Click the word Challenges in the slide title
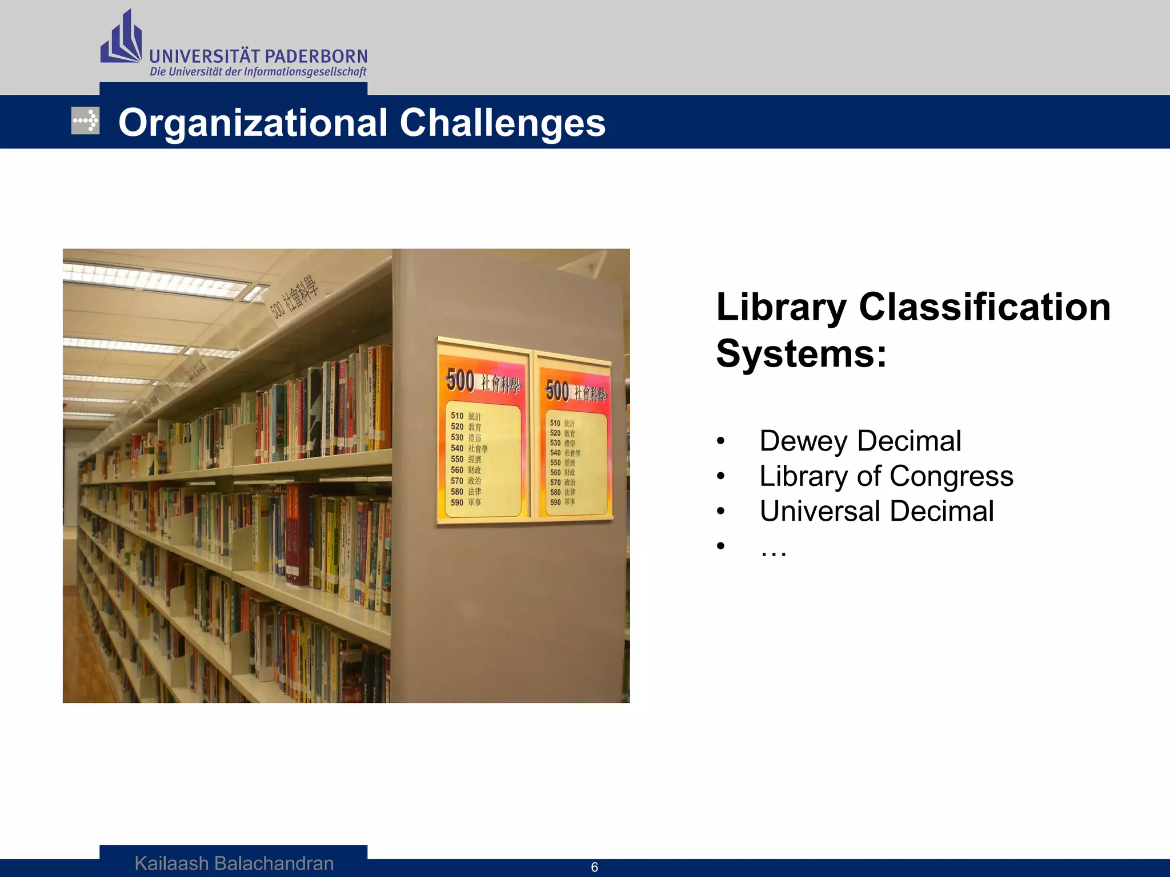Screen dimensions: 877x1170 pos(502,123)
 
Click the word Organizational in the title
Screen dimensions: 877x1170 pos(253,123)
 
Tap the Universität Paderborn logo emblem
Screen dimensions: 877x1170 pos(121,38)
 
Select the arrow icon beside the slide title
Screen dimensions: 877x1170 pos(85,120)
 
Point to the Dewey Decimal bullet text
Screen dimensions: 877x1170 pos(860,441)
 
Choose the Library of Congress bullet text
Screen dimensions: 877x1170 pos(886,476)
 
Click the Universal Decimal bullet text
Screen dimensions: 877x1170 pos(876,511)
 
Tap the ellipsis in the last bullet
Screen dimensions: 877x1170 pos(774,549)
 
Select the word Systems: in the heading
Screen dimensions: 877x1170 pos(801,353)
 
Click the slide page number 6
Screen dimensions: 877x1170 pos(594,867)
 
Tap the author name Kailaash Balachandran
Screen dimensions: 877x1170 pos(234,863)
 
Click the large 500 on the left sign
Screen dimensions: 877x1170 pos(460,380)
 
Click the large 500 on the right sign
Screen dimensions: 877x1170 pos(557,391)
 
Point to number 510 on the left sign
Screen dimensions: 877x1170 pos(457,416)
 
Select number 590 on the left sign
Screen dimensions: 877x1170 pos(457,502)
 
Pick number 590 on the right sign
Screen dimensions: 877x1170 pos(555,502)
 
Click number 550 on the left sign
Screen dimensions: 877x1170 pos(457,459)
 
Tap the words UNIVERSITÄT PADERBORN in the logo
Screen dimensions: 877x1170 pos(258,57)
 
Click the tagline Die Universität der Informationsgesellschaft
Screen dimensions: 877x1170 pos(258,72)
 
